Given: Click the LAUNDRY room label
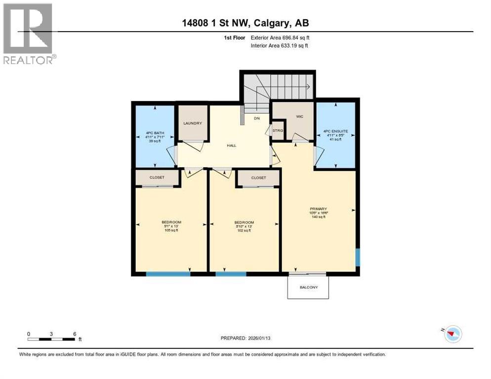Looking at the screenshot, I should pyautogui.click(x=192, y=123).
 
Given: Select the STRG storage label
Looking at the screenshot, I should pyautogui.click(x=278, y=130).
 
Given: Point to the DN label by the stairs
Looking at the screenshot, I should pyautogui.click(x=256, y=118).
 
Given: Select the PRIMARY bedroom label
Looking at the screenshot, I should pyautogui.click(x=319, y=209).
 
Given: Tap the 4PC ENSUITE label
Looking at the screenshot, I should pyautogui.click(x=335, y=131).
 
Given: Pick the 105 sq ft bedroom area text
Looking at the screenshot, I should pyautogui.click(x=171, y=230).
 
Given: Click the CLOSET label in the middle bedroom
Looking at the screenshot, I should pyautogui.click(x=258, y=178).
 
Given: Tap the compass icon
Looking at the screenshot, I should pyautogui.click(x=451, y=334).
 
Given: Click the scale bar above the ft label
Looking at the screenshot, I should pyautogui.click(x=51, y=339).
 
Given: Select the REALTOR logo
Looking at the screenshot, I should pyautogui.click(x=29, y=34).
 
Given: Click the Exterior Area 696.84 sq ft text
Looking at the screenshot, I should pyautogui.click(x=280, y=38).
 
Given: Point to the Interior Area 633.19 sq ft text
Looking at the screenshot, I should pyautogui.click(x=280, y=46).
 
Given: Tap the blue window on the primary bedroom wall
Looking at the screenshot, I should pyautogui.click(x=358, y=257).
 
